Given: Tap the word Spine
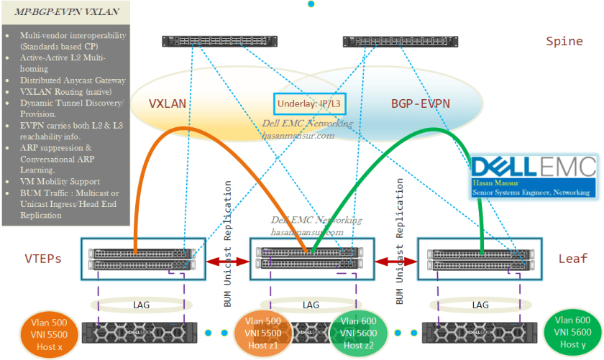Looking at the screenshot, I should tap(564, 41).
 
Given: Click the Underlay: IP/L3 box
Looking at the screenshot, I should tap(310, 103).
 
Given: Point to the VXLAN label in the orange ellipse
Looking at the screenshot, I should tap(168, 103).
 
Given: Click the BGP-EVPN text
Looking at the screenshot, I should tap(421, 103).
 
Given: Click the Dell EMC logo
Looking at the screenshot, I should tap(534, 167).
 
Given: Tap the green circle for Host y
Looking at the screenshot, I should tap(572, 333).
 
